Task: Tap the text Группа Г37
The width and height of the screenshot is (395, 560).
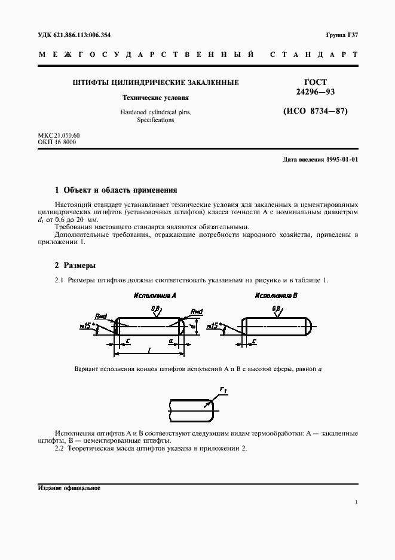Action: [342, 34]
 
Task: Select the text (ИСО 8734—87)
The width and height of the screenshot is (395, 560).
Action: [314, 111]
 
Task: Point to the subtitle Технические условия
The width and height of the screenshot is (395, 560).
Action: [155, 97]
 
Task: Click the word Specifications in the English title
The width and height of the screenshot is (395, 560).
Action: [155, 120]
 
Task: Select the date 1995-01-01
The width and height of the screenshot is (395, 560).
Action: [342, 160]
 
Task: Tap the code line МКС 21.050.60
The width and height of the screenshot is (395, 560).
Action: [59, 135]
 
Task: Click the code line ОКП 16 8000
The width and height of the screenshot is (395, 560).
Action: [57, 142]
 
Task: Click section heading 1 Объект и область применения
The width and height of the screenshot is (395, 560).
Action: [116, 190]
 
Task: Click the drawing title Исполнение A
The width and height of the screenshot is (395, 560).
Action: [155, 296]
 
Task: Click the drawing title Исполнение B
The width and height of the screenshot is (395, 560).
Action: [276, 296]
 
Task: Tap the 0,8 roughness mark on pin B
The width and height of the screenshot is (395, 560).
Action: [277, 309]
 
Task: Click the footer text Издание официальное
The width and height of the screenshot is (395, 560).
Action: [69, 488]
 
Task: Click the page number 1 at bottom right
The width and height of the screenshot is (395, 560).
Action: [356, 503]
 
